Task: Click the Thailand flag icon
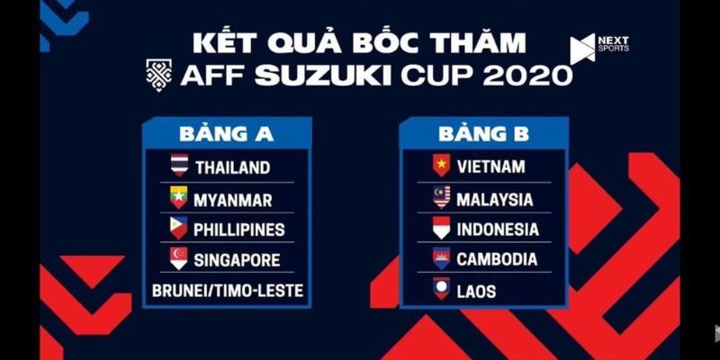pyautogui.click(x=178, y=166)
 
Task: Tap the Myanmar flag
pyautogui.click(x=178, y=197)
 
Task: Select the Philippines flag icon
pyautogui.click(x=178, y=229)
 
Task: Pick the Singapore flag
pyautogui.click(x=178, y=260)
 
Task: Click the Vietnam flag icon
pyautogui.click(x=441, y=166)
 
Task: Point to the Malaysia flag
pyautogui.click(x=441, y=197)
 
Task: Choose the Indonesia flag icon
pyautogui.click(x=441, y=229)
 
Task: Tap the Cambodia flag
pyautogui.click(x=441, y=259)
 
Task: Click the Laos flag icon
pyautogui.click(x=441, y=291)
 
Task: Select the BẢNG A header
pyautogui.click(x=226, y=134)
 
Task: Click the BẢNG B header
pyautogui.click(x=483, y=134)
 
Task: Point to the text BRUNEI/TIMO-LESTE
pyautogui.click(x=226, y=292)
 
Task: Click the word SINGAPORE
pyautogui.click(x=238, y=260)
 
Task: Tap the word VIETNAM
pyautogui.click(x=490, y=166)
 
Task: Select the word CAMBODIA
pyautogui.click(x=497, y=259)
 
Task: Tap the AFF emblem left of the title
pyautogui.click(x=158, y=73)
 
